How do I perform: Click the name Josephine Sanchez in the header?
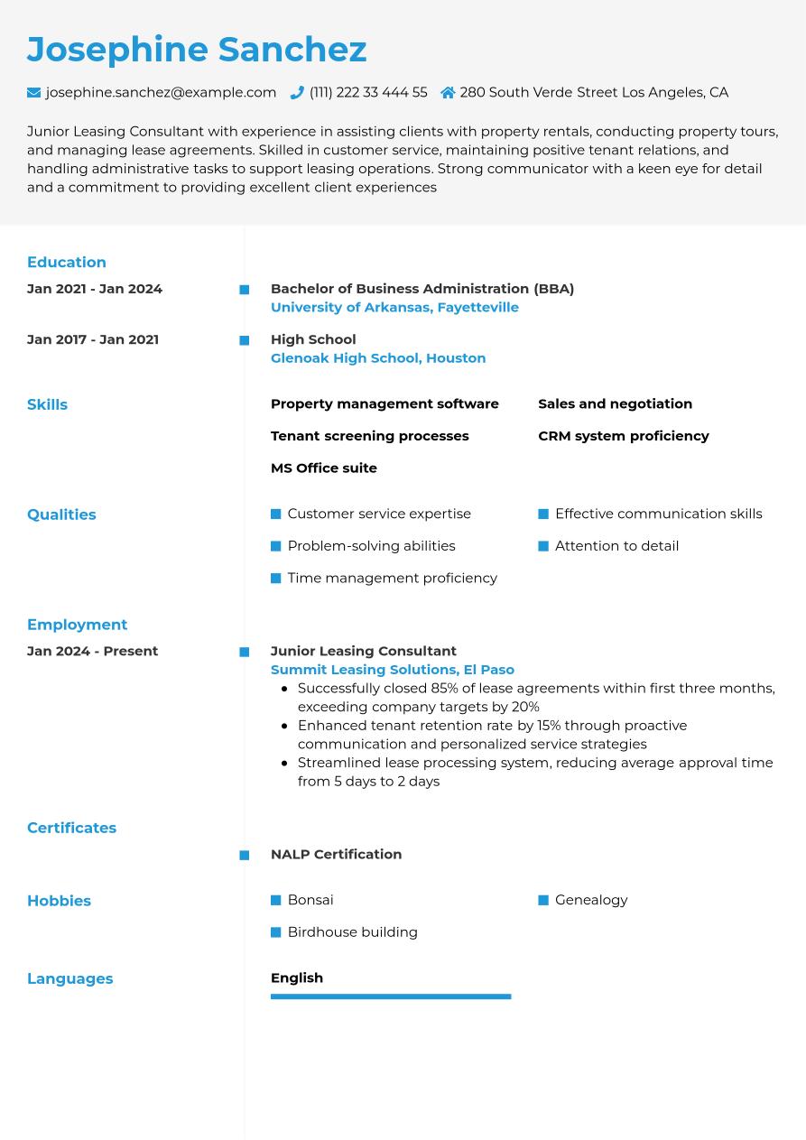tap(197, 50)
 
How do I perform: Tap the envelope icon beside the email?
tap(34, 92)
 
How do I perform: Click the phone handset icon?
tap(297, 92)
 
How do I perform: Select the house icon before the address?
tap(448, 92)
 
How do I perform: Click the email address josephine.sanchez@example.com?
tap(161, 92)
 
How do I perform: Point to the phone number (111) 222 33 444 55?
tap(368, 92)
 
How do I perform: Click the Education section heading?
tap(67, 263)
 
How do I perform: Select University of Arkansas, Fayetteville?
tap(394, 308)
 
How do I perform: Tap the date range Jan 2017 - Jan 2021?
tap(93, 339)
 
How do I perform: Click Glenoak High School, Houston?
tap(378, 358)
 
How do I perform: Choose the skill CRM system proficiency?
tap(623, 436)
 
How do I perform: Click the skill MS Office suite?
tap(324, 468)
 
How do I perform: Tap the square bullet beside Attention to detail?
tap(543, 546)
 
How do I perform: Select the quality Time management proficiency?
tap(392, 578)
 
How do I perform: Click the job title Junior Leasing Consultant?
tap(363, 651)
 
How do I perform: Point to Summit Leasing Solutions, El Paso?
tap(393, 670)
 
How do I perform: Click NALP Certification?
tap(336, 854)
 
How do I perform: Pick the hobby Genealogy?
tap(591, 900)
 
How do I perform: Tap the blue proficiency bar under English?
tap(391, 996)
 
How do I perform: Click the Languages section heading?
tap(70, 978)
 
